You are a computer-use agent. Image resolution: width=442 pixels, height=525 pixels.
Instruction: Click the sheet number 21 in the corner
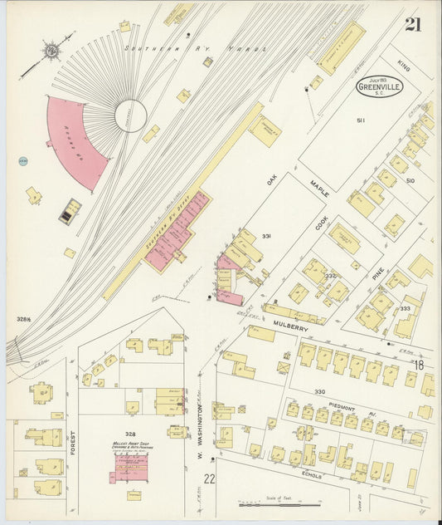(412, 25)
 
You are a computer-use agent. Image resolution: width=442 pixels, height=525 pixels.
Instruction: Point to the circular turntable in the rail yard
(130, 115)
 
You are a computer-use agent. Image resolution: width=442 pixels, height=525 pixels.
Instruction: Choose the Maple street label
(319, 188)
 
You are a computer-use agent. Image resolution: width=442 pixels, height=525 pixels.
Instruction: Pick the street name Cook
(322, 225)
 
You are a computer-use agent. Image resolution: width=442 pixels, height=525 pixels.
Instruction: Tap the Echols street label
(312, 475)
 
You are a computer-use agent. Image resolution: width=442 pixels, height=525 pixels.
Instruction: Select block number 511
(362, 121)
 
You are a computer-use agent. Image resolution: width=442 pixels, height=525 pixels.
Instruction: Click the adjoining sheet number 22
(210, 478)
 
